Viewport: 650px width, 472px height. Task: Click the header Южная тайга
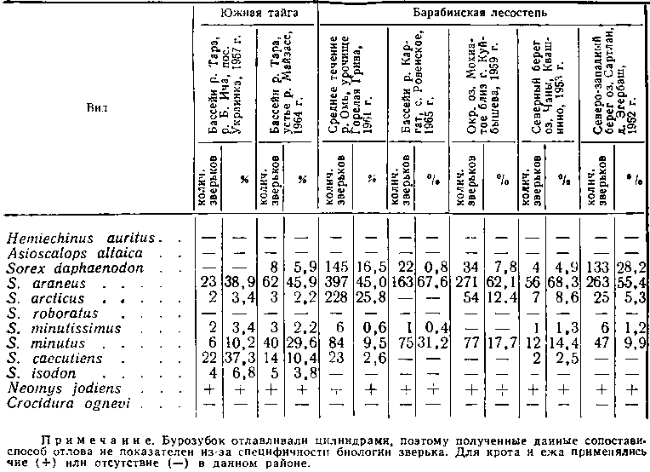253,14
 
